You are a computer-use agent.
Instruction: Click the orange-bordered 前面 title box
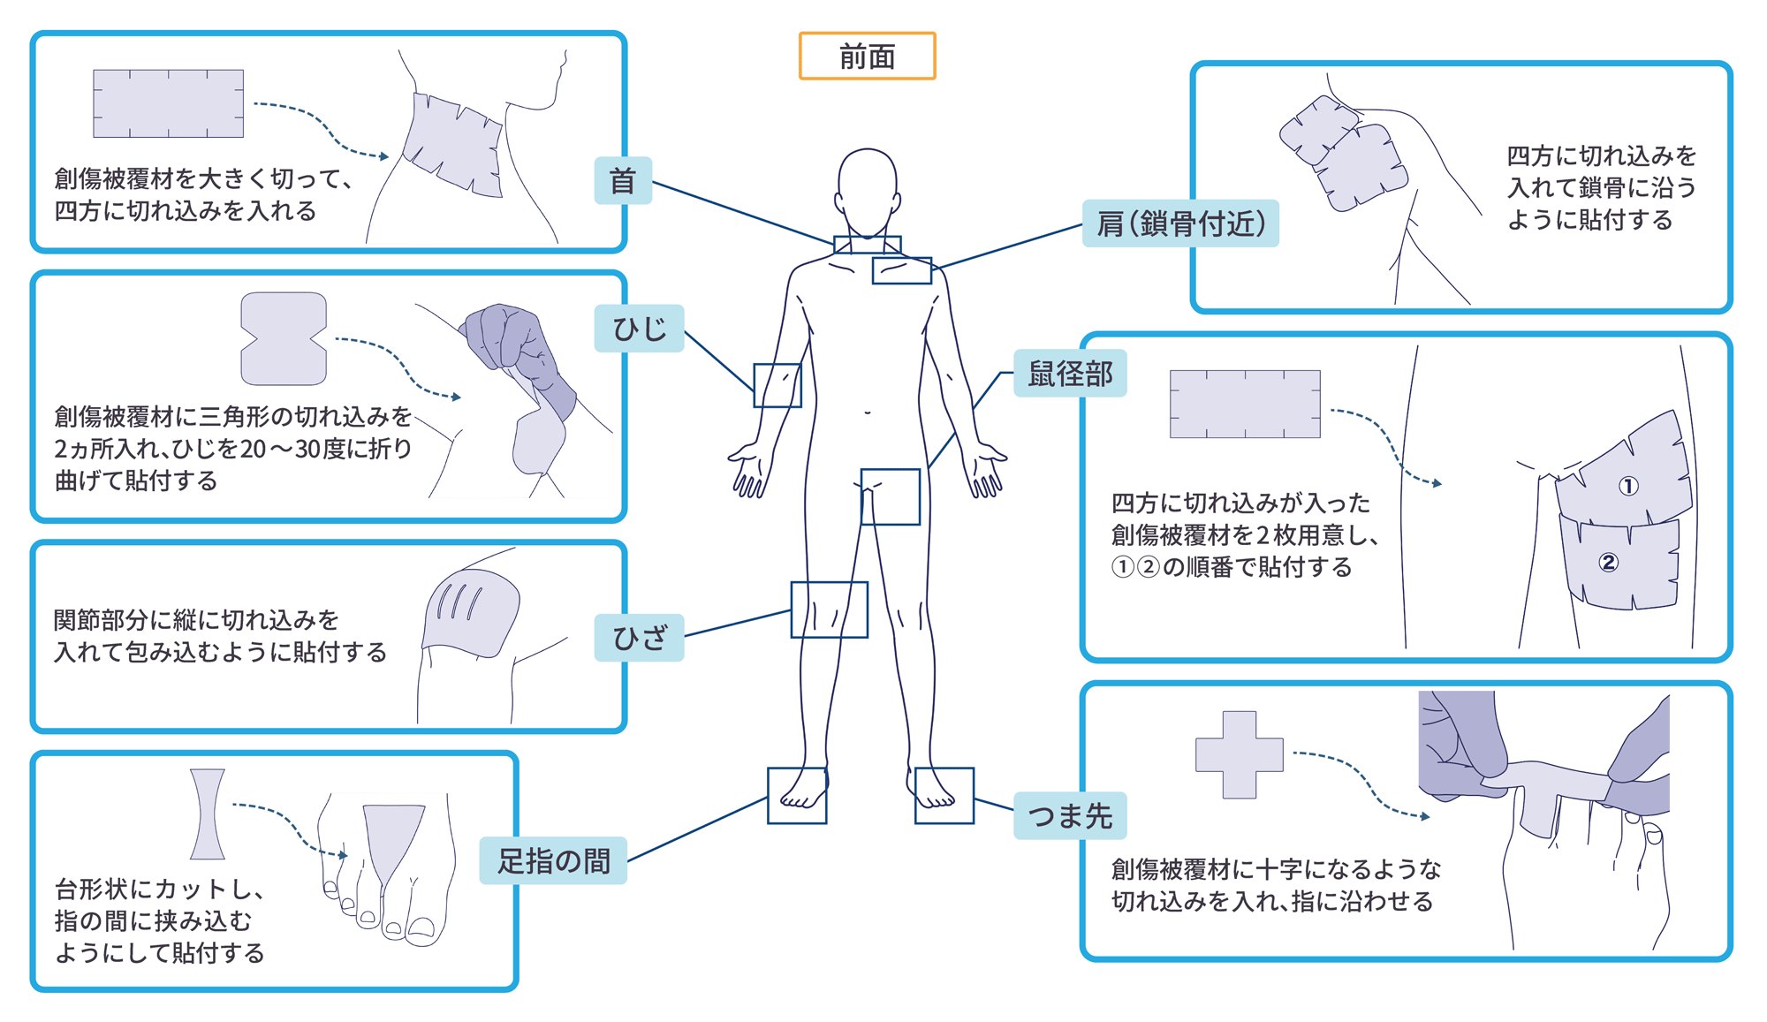click(x=867, y=57)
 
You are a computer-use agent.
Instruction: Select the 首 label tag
click(x=623, y=181)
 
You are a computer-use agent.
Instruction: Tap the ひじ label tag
click(x=639, y=329)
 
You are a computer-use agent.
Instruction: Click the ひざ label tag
click(x=639, y=638)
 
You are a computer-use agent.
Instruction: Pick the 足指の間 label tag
click(x=553, y=860)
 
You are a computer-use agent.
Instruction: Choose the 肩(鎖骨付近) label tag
click(x=1180, y=223)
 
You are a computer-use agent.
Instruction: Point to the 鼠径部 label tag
click(x=1070, y=374)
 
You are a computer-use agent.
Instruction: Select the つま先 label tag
click(x=1070, y=815)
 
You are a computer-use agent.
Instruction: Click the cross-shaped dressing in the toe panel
click(x=1239, y=755)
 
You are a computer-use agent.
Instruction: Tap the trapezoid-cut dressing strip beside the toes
click(x=208, y=814)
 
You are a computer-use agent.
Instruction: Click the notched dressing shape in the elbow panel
click(x=284, y=339)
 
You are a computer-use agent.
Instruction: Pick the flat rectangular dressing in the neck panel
click(x=168, y=103)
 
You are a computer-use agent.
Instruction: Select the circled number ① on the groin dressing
click(x=1628, y=486)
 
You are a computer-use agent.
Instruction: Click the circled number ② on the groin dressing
click(x=1608, y=563)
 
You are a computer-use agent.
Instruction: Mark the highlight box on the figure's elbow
click(x=777, y=385)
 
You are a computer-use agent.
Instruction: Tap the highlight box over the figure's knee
click(x=829, y=609)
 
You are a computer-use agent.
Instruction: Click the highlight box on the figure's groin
click(x=891, y=497)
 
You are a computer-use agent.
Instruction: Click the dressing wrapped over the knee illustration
click(x=472, y=613)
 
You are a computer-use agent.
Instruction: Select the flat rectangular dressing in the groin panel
click(x=1245, y=405)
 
